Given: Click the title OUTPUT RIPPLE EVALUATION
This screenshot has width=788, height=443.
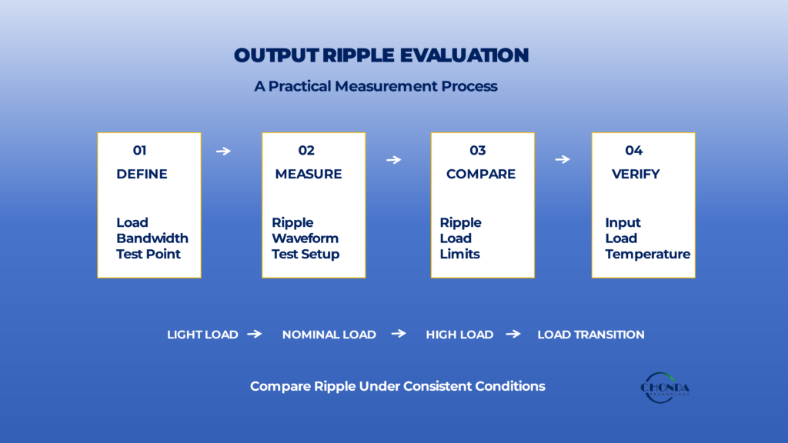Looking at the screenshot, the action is (x=382, y=55).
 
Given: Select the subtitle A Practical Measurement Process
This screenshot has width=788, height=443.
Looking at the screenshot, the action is (x=376, y=86).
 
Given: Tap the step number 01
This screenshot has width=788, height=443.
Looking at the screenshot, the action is (x=140, y=150).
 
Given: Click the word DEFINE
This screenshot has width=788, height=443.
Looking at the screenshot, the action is (x=142, y=174).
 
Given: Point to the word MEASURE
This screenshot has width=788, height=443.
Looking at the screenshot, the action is (x=308, y=174).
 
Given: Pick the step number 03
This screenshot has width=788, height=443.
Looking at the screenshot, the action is (x=477, y=150).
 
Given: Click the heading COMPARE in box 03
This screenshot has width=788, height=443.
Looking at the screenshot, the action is (x=481, y=174).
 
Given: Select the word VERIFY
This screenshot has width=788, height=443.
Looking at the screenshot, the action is (x=636, y=174).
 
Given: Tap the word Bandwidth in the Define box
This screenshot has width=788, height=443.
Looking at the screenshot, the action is (x=152, y=238).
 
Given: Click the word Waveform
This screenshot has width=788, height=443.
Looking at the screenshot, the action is (x=305, y=238).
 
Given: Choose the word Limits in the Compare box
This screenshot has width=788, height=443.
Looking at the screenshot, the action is (x=460, y=254).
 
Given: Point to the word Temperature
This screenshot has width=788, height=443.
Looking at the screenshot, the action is (x=648, y=254).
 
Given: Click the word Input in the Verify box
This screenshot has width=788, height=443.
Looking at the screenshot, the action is (x=623, y=222).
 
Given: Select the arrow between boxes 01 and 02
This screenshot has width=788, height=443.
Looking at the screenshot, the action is (x=223, y=151).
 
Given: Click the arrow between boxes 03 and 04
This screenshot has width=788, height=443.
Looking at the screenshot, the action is (x=563, y=159).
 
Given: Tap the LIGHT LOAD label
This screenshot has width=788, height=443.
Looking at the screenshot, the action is (x=202, y=335).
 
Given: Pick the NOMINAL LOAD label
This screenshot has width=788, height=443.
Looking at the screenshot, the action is (x=329, y=335).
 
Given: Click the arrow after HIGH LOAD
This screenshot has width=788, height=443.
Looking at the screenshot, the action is (x=513, y=334).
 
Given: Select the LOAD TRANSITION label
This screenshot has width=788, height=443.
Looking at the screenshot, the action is (x=591, y=335).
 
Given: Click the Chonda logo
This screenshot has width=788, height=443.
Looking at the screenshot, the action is (x=664, y=388).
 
